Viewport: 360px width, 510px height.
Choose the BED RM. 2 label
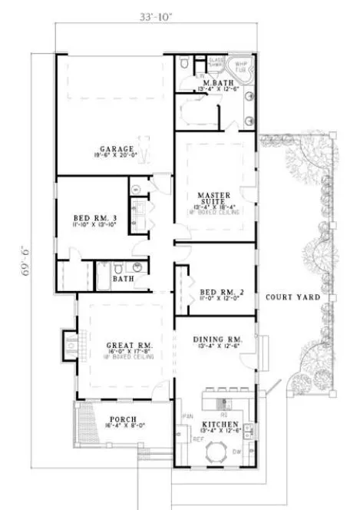coord(216,292)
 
